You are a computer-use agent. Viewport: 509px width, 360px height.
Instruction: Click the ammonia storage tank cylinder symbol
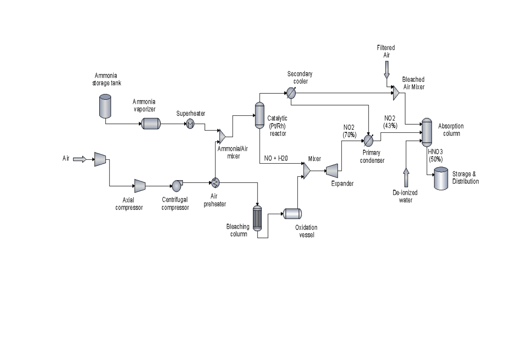click(105, 106)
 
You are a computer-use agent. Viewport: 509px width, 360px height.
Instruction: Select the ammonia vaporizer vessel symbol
click(151, 123)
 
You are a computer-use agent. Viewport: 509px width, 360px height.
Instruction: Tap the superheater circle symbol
click(190, 123)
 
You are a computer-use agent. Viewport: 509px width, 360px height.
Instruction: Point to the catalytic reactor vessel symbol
click(259, 115)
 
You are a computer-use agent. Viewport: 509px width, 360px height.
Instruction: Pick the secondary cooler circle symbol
click(291, 92)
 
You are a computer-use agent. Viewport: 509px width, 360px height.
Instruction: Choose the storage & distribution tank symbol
click(440, 178)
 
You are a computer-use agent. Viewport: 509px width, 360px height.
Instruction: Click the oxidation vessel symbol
click(292, 214)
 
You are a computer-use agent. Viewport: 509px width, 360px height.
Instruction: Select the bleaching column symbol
click(257, 218)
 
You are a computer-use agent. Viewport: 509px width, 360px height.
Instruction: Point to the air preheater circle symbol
click(215, 183)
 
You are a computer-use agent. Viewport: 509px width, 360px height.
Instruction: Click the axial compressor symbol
click(140, 185)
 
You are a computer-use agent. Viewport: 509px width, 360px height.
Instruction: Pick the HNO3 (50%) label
click(435, 156)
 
